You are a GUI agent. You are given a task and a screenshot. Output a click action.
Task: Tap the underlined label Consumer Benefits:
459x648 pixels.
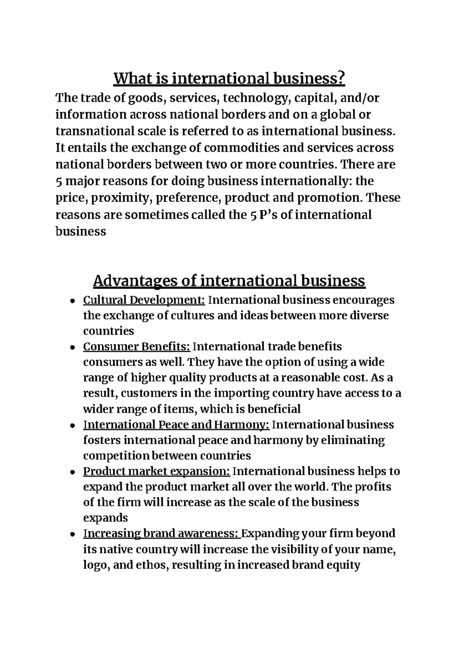pos(137,347)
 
